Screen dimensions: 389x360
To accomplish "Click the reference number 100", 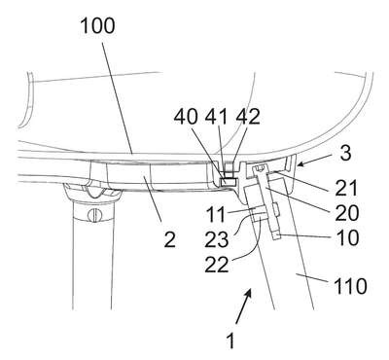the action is (x=97, y=26).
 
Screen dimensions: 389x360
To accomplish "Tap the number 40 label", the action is (x=186, y=117).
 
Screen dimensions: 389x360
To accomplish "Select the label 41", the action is (x=217, y=117).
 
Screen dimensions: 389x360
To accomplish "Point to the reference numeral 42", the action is (x=248, y=117).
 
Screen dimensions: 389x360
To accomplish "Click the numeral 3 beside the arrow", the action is (x=346, y=153).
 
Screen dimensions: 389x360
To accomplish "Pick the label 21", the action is (x=346, y=188).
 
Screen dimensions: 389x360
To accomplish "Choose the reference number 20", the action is (x=347, y=213).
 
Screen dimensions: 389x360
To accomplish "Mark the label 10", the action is (x=348, y=237).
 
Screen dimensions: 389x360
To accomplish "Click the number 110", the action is (x=350, y=286).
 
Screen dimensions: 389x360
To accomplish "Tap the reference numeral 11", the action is (x=215, y=214).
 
